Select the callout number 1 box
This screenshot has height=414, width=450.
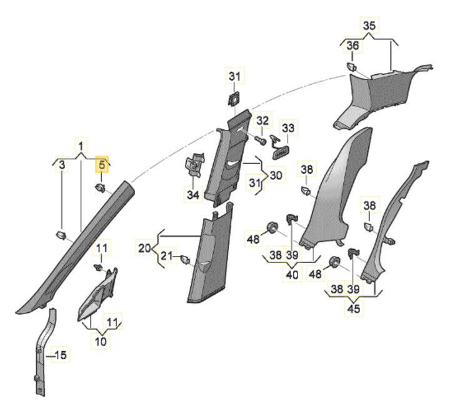pyautogui.click(x=81, y=146)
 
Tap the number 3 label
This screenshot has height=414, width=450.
pyautogui.click(x=61, y=165)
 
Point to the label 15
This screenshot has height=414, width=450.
pyautogui.click(x=61, y=355)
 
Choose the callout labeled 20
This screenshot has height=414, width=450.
pyautogui.click(x=144, y=249)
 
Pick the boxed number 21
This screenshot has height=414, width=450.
pyautogui.click(x=166, y=255)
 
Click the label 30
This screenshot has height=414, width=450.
pyautogui.click(x=276, y=175)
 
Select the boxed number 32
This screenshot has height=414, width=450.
pyautogui.click(x=262, y=120)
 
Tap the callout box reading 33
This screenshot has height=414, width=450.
pyautogui.click(x=287, y=127)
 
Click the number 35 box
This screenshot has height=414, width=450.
pyautogui.click(x=369, y=26)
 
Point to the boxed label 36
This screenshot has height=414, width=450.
pyautogui.click(x=353, y=46)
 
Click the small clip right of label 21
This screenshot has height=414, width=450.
pyautogui.click(x=184, y=259)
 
